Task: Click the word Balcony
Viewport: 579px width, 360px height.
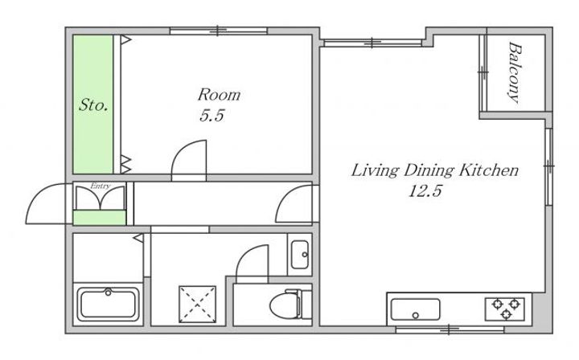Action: (515, 72)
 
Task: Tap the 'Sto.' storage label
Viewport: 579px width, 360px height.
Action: (93, 104)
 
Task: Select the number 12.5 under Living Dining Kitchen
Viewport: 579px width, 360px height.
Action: (425, 190)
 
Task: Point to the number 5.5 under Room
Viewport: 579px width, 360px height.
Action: (212, 116)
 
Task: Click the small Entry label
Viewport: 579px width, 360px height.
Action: (100, 186)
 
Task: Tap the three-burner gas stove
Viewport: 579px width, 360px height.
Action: (505, 309)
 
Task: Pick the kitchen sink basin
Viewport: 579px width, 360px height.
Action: (416, 309)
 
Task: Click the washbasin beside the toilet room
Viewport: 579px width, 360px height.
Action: (299, 255)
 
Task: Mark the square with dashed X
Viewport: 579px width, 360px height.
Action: (197, 305)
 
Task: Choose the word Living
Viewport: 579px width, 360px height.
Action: (375, 171)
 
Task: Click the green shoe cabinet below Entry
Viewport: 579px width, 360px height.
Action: (100, 217)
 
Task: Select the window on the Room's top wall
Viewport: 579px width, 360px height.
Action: (218, 31)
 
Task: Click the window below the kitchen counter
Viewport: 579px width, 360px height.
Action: (450, 329)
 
